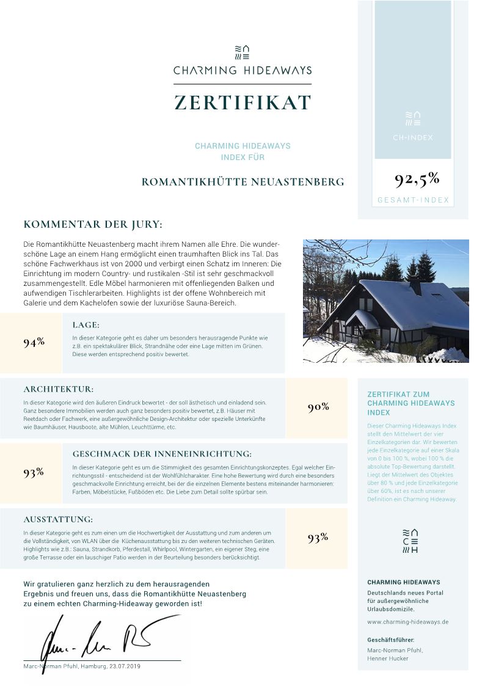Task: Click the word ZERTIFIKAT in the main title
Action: tap(242, 102)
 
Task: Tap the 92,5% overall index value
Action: tap(417, 179)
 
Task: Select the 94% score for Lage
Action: tap(34, 342)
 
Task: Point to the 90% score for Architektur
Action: tap(318, 407)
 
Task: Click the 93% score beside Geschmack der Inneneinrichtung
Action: tap(34, 472)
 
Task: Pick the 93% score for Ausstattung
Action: tap(318, 538)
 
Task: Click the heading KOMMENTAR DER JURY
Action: tap(93, 225)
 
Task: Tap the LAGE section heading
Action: tap(86, 325)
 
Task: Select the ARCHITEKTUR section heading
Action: tap(59, 389)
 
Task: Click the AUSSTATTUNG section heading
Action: tap(58, 519)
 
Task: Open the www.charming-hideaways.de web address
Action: tap(408, 622)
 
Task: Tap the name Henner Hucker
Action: tap(388, 659)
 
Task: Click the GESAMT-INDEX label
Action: tap(413, 200)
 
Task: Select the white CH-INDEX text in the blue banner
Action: tap(413, 137)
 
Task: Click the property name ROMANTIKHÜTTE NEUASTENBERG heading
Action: tap(242, 182)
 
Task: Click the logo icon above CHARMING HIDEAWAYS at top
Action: tap(242, 51)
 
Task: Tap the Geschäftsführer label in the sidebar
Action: tap(391, 640)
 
